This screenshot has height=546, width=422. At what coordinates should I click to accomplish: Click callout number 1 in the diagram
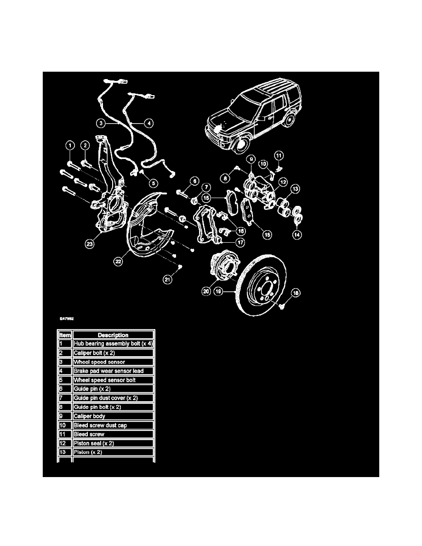pos(69,146)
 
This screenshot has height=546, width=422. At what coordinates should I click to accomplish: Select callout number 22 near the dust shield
pos(119,260)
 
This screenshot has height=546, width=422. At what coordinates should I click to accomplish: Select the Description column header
pos(113,335)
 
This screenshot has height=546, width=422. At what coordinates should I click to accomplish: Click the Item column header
pos(65,335)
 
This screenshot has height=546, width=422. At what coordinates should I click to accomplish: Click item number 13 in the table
pos(65,452)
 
